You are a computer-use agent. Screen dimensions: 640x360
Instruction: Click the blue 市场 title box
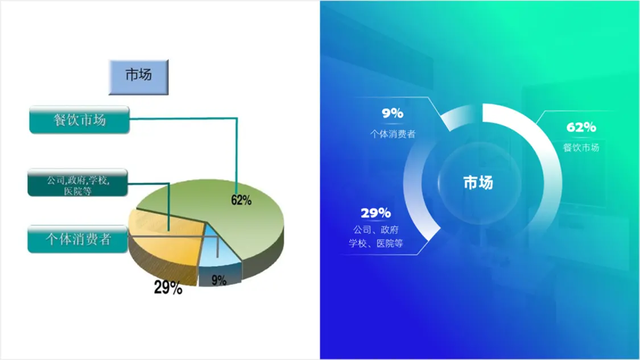click(138, 77)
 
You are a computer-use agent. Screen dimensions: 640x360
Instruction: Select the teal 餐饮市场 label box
click(80, 119)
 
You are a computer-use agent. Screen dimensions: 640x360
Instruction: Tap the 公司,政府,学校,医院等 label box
click(77, 183)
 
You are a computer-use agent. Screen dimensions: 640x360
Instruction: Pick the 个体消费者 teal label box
click(77, 239)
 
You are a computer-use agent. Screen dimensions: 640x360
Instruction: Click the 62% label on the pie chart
click(241, 200)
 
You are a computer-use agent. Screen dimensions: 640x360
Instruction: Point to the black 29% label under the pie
click(168, 288)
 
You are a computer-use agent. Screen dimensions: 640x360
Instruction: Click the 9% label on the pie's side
click(219, 280)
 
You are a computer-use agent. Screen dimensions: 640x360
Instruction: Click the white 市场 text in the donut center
click(478, 183)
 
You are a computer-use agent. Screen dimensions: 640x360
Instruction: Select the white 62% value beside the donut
click(581, 127)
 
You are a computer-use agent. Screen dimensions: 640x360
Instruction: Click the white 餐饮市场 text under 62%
click(581, 147)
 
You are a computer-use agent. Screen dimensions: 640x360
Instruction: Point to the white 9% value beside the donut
click(393, 113)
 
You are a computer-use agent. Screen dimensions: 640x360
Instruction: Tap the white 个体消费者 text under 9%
click(393, 134)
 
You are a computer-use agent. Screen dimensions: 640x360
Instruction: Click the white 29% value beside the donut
click(375, 213)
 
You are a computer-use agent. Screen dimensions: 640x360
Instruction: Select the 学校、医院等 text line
click(375, 243)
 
